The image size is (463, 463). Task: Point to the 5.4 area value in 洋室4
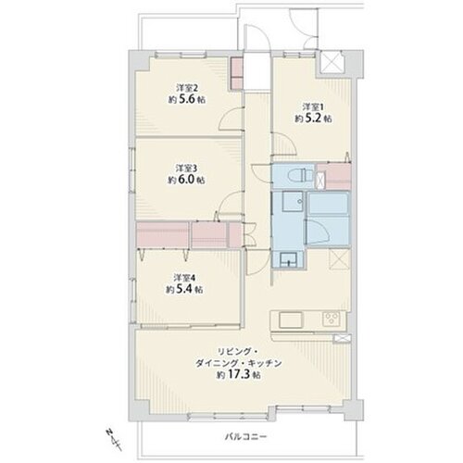184,289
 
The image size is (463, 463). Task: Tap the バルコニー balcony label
245,437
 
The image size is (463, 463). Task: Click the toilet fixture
300,176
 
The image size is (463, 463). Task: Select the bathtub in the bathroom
329,204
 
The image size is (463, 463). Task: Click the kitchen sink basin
291,320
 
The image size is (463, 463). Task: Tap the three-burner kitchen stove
332,319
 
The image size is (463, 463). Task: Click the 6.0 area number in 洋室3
187,180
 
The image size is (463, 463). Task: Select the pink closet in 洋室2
237,74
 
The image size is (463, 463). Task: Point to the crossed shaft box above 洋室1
331,62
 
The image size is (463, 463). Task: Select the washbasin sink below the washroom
289,259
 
